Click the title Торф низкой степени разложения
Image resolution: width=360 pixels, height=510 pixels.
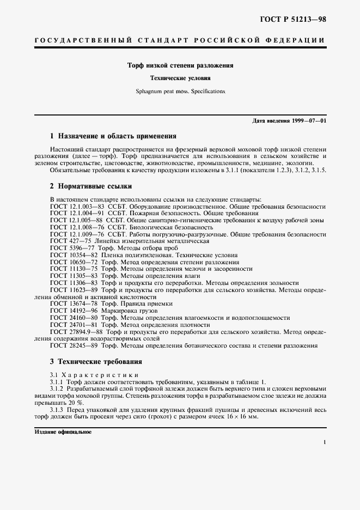click(x=180, y=65)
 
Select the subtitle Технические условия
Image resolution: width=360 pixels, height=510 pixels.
click(x=180, y=78)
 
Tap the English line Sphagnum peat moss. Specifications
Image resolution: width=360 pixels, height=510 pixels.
click(x=180, y=91)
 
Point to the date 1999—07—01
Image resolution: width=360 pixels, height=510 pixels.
click(x=309, y=120)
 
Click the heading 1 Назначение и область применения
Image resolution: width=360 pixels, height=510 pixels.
click(x=113, y=136)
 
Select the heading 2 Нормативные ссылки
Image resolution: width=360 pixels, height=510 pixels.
click(x=91, y=186)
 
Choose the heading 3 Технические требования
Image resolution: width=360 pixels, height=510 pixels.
click(x=96, y=361)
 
